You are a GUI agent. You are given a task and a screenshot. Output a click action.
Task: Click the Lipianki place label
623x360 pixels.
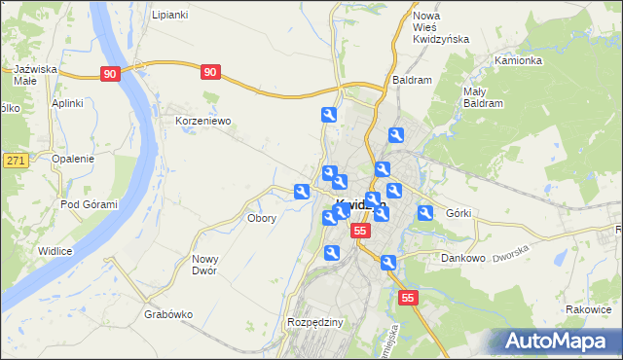pos(170,16)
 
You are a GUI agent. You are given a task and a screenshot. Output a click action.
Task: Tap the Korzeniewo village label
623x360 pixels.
pos(202,122)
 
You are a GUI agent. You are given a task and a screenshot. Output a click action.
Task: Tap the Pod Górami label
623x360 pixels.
pos(89,204)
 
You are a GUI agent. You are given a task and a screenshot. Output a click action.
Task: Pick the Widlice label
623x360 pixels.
pos(55,251)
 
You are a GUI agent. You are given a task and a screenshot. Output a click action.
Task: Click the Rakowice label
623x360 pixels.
pos(587,309)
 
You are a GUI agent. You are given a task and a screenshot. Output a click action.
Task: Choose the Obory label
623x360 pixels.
pos(262,219)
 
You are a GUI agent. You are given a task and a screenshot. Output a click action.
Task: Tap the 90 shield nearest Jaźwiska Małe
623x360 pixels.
pos(110,73)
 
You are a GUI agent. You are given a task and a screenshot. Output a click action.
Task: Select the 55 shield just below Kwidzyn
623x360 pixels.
pos(360,231)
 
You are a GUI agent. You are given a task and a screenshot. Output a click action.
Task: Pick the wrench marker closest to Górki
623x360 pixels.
pos(425,213)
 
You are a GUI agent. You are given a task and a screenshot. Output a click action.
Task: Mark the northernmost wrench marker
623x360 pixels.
pos(329,116)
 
